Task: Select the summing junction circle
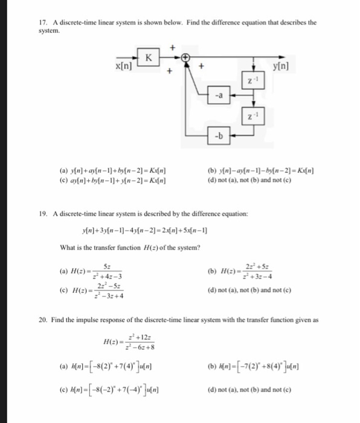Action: (186, 57)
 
